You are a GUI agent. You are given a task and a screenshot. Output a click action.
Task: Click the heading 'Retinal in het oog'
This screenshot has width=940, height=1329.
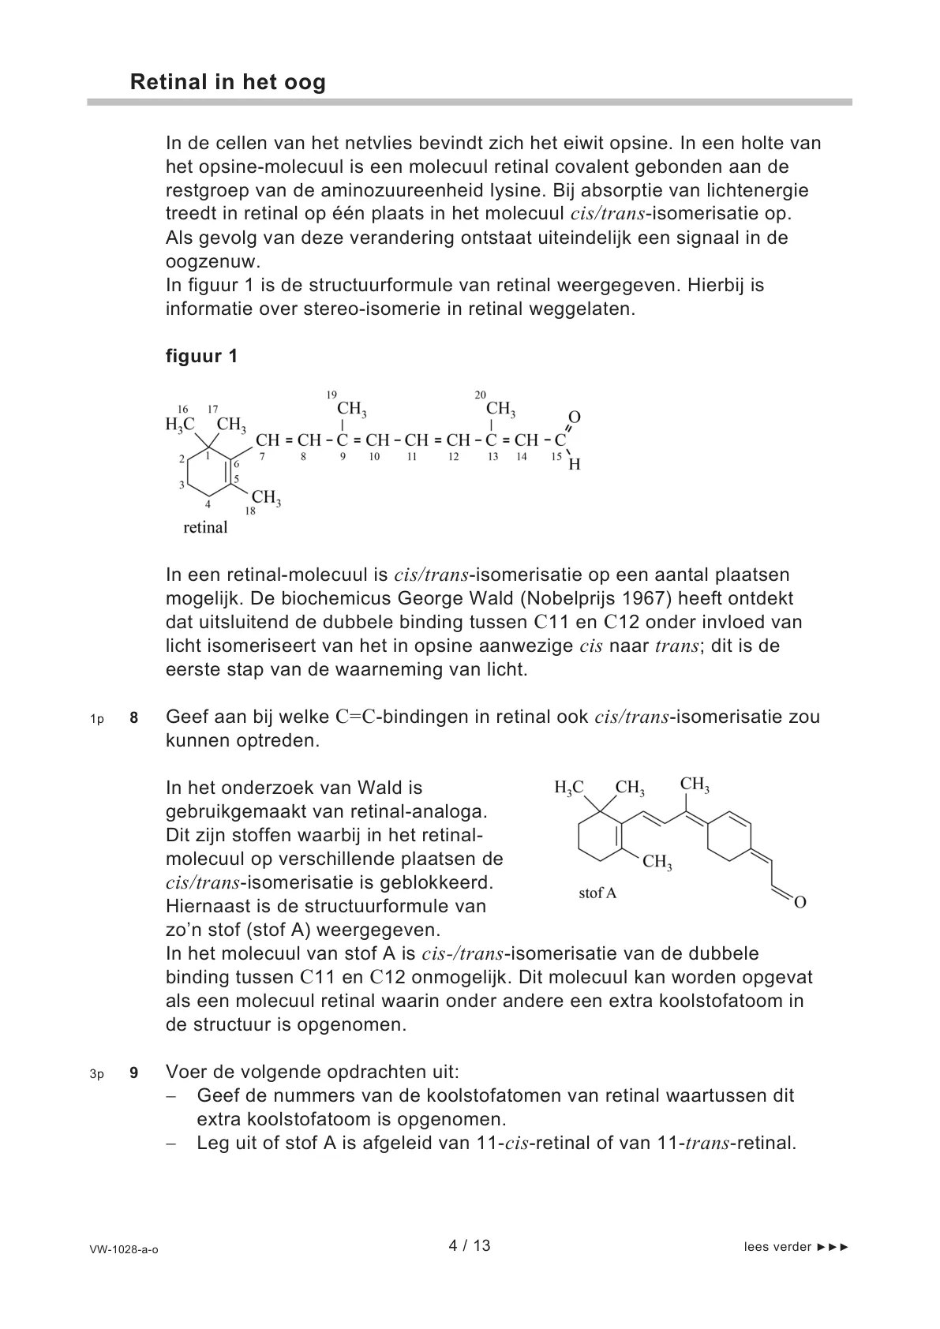point(227,83)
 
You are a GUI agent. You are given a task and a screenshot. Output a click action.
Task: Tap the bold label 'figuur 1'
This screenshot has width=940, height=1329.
point(201,356)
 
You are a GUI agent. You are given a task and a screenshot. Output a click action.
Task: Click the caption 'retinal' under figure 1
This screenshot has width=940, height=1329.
point(205,527)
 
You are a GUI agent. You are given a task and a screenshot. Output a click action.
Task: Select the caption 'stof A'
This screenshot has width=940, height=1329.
point(597,893)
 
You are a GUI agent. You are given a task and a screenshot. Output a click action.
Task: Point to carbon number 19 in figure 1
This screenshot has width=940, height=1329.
point(331,395)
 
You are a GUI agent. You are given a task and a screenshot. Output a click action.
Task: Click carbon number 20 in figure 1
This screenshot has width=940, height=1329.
point(480,395)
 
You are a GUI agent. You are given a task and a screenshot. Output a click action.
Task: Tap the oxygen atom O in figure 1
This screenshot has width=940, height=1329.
point(575,417)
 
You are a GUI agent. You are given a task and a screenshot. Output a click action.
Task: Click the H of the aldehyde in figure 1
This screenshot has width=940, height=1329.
point(575,465)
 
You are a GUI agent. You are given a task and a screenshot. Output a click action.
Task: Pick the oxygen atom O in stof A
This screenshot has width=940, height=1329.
point(800,902)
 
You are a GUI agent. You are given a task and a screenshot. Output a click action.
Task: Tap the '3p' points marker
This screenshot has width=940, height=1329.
point(97,1074)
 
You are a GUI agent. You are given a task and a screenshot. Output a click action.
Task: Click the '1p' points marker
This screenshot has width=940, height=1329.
point(97,719)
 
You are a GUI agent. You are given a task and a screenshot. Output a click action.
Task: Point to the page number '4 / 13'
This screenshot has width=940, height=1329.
point(470,1245)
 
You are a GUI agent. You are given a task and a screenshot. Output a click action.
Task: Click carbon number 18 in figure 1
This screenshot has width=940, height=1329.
point(250,511)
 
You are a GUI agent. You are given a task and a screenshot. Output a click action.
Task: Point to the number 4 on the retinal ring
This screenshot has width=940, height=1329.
point(208,504)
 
